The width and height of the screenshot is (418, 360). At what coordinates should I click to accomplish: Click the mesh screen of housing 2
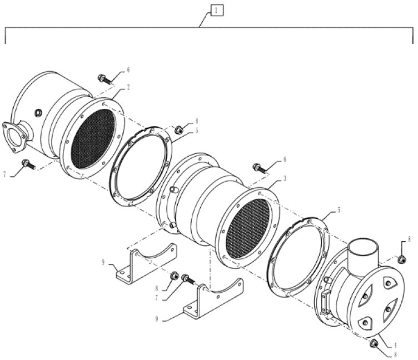(x=93, y=139)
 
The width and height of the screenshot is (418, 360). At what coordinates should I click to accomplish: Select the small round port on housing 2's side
(x=38, y=113)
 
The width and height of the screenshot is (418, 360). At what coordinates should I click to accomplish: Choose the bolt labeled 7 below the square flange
(x=27, y=164)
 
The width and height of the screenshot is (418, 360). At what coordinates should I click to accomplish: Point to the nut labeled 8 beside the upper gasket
(x=179, y=130)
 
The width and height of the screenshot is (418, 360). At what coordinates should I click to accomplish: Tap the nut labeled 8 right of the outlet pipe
(x=401, y=259)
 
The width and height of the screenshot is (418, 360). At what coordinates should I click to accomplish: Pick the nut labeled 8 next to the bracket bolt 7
(x=173, y=276)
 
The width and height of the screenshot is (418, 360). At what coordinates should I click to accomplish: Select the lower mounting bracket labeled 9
(x=214, y=300)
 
